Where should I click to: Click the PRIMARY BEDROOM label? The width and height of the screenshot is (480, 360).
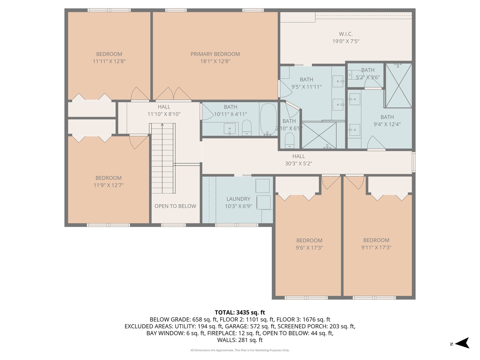point(215,54)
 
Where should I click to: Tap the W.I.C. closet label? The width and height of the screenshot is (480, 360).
point(346,34)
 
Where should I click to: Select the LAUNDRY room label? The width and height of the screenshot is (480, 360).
point(238,199)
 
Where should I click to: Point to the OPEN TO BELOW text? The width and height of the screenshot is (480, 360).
point(175,206)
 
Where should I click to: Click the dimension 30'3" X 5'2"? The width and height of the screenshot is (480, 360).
point(298,163)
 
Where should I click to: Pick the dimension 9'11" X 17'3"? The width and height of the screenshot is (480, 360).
point(376,247)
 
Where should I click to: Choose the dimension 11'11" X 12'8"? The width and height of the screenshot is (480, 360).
point(109,61)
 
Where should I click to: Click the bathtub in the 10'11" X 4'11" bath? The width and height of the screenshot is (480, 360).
point(268,119)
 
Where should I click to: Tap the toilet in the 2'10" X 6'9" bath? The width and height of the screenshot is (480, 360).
point(290,140)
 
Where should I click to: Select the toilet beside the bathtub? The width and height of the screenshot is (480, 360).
point(247,127)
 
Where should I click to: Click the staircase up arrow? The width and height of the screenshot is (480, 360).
point(162,125)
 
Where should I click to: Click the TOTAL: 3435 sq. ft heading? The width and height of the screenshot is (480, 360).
point(240,312)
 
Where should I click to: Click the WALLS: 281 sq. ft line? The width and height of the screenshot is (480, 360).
point(240,340)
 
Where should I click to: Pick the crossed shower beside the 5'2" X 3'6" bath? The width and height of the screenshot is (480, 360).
point(399,85)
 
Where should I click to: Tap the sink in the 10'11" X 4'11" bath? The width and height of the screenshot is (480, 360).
point(230,129)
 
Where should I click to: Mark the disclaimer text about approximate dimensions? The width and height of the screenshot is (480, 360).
point(240,350)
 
